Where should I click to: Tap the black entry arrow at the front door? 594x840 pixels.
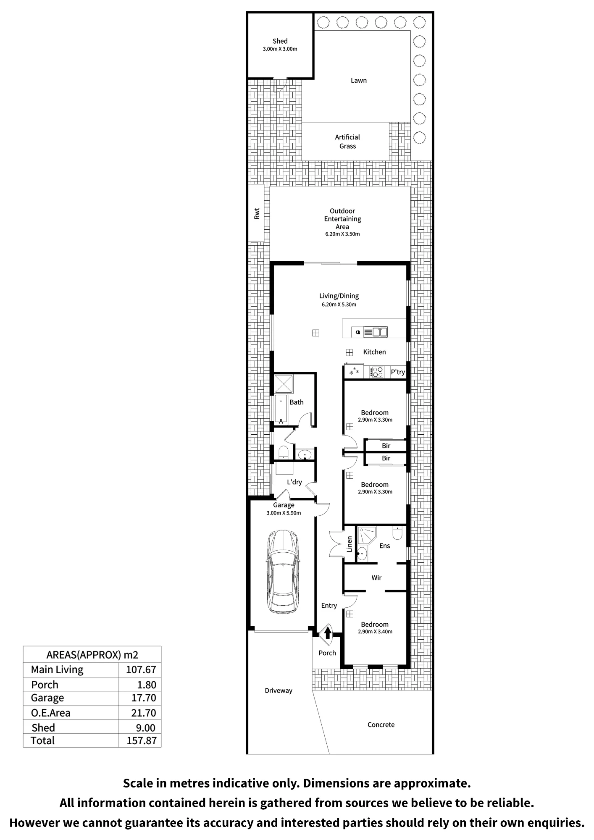click(328, 632)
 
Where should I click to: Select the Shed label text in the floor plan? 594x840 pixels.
click(280, 41)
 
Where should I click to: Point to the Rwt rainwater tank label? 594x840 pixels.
click(257, 214)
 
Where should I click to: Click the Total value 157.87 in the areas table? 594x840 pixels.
click(142, 740)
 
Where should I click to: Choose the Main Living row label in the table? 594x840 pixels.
click(57, 670)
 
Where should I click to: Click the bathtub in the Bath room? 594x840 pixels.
click(281, 409)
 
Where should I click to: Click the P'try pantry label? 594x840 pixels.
click(398, 372)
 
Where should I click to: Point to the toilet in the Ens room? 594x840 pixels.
click(397, 533)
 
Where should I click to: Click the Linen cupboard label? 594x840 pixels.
click(350, 544)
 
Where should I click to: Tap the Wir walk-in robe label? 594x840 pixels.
click(376, 578)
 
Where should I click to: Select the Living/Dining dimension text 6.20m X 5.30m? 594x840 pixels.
click(339, 304)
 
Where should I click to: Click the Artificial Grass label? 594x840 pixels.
click(347, 142)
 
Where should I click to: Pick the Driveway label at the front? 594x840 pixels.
click(279, 691)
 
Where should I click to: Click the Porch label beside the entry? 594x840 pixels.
click(327, 653)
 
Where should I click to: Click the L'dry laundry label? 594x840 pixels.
click(294, 482)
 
